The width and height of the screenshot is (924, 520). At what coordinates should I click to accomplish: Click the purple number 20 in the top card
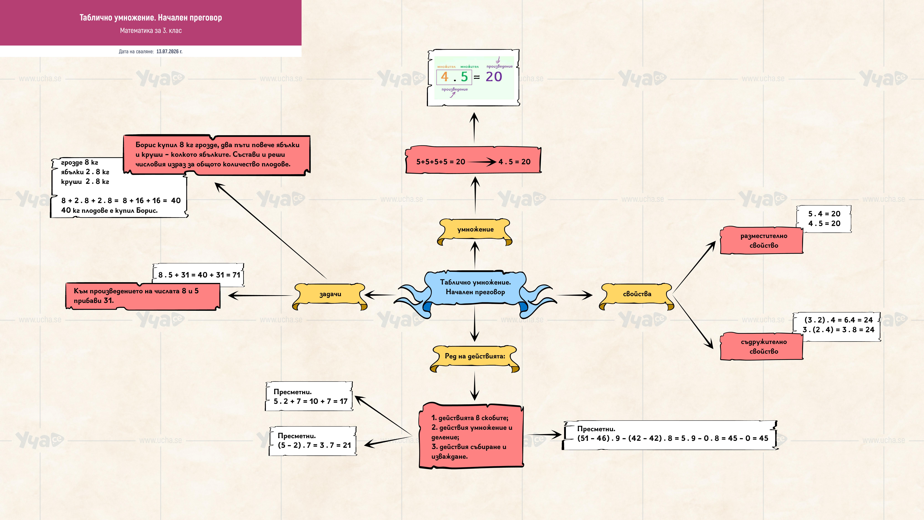point(494,77)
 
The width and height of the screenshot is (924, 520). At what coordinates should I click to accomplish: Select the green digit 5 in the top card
point(465,77)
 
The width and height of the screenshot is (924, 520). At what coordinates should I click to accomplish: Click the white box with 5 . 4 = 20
point(824,219)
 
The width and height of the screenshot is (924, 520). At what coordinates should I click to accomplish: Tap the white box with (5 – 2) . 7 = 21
point(313,441)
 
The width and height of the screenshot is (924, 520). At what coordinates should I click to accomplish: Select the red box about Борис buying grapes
point(217,155)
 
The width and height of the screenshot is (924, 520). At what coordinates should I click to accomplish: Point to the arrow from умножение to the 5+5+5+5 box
point(475,196)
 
